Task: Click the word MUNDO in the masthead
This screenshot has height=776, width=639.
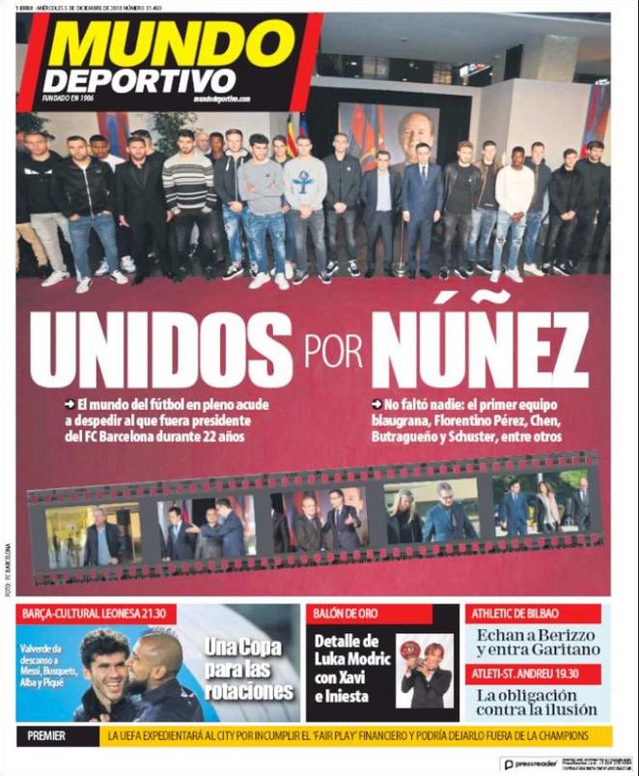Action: [159, 44]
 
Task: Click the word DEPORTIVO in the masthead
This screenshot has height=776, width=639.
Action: [139, 78]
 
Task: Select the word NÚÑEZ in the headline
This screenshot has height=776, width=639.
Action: [480, 348]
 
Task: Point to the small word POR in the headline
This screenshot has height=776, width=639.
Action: [331, 349]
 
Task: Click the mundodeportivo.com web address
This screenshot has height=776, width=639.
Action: [221, 99]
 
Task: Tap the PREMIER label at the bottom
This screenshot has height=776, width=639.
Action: [47, 736]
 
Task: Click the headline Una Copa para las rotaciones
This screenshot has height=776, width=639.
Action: [249, 669]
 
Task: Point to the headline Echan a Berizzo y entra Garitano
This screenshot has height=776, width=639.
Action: [534, 643]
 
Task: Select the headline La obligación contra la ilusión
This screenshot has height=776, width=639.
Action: [534, 702]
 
